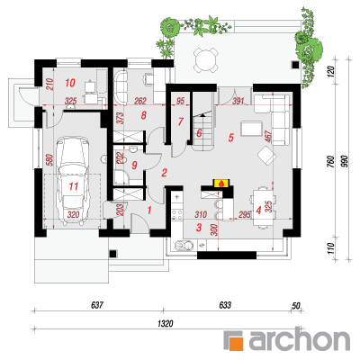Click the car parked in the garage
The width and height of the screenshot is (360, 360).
73,181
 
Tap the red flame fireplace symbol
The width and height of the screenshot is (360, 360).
221,184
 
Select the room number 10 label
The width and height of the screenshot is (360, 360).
70,83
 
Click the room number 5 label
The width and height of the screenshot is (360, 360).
230,138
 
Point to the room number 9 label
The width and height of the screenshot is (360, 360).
134,165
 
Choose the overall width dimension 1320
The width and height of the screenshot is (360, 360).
166,324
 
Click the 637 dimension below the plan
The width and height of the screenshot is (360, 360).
97,305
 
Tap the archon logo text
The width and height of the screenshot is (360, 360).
299,340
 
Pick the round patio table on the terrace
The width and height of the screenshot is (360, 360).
206,60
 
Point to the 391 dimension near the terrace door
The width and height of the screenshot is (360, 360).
238,101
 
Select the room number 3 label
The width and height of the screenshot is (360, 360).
199,227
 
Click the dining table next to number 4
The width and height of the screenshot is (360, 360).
263,208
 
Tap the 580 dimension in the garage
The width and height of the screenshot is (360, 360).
49,160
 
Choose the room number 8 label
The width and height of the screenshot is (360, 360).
143,115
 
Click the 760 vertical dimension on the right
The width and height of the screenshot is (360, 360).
330,161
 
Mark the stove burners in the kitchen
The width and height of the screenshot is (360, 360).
177,214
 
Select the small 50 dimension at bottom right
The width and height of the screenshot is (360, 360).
296,306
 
